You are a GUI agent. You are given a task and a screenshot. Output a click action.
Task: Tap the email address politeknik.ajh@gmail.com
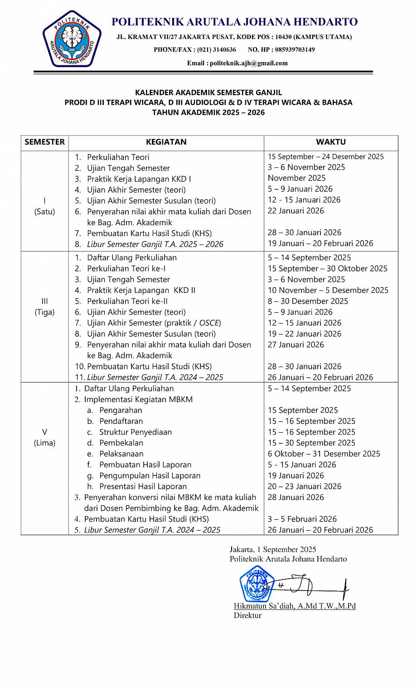[249, 63]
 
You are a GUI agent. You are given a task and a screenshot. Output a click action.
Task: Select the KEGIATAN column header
[166, 142]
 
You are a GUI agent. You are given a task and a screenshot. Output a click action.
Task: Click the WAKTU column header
[331, 142]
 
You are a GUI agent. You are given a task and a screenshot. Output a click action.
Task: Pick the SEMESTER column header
[44, 142]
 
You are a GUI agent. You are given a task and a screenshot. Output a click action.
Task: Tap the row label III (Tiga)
[44, 307]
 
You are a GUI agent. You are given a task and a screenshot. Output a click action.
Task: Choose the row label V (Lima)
[44, 437]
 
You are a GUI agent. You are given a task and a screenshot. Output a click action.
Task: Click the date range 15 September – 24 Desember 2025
[325, 157]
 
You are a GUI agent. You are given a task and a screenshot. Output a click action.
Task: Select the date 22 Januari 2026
[296, 211]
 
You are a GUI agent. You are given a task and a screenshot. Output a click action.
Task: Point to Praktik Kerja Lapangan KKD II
[141, 290]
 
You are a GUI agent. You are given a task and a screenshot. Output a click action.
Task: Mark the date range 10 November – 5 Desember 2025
[328, 290]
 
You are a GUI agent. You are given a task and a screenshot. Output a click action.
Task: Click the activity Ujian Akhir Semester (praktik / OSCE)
[154, 323]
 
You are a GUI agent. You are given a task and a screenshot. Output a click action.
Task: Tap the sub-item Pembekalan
[121, 443]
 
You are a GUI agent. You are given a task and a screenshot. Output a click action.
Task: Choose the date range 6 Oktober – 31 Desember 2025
[324, 454]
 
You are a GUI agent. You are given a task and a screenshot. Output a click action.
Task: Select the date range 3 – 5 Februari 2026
[302, 519]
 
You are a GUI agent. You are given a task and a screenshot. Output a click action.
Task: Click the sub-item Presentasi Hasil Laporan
[143, 486]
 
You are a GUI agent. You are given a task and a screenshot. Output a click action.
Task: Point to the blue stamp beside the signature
[257, 584]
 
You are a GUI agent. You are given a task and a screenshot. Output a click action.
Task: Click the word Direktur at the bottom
[247, 615]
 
